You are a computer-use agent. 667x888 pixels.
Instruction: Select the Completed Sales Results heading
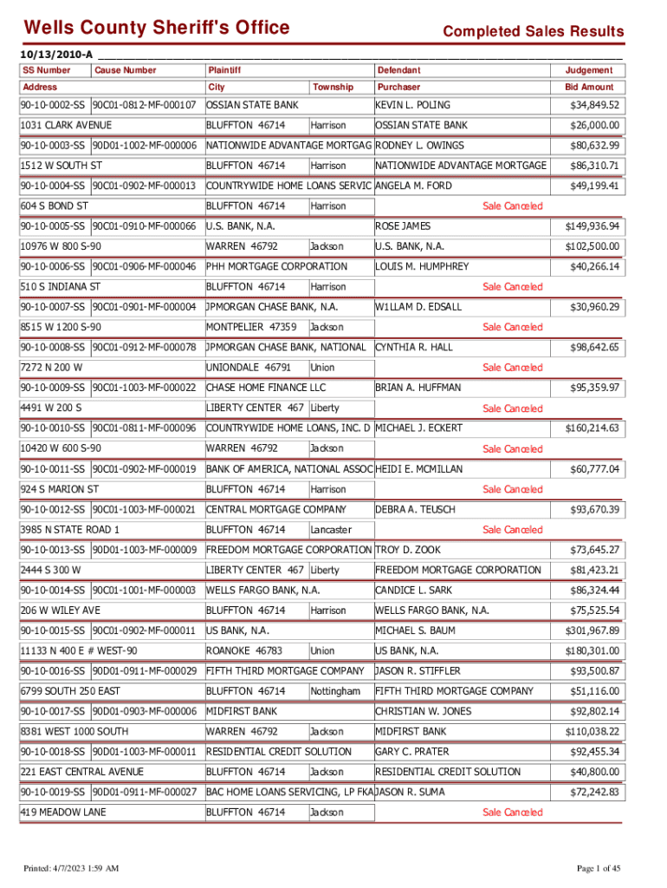(x=533, y=32)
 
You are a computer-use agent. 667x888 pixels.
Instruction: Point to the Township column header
(x=333, y=87)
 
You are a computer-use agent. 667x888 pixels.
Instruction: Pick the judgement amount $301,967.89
(x=593, y=630)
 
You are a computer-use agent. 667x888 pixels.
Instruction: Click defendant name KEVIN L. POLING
(x=412, y=105)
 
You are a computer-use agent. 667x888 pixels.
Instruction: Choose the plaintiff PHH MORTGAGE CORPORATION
(x=276, y=266)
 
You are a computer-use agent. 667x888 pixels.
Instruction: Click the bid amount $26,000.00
(x=593, y=126)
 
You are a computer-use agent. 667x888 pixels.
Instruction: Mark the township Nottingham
(x=335, y=691)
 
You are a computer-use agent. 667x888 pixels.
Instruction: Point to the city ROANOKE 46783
(x=243, y=650)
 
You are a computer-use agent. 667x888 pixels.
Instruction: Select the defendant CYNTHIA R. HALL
(x=413, y=348)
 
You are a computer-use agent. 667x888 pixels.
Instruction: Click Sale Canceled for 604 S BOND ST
(x=513, y=206)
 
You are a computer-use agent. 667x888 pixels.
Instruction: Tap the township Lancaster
(x=331, y=529)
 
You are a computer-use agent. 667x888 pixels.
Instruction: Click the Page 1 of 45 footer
(x=598, y=868)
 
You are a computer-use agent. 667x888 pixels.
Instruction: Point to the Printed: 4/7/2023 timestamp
(x=71, y=868)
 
